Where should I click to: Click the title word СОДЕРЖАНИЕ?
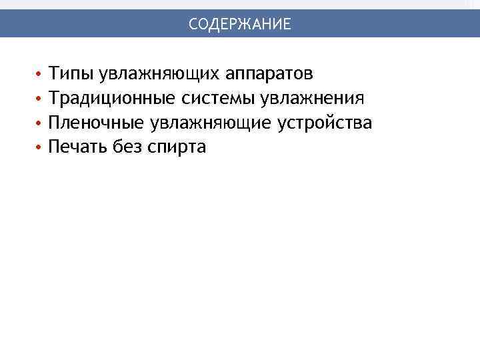(x=239, y=25)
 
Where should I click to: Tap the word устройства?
(x=325, y=123)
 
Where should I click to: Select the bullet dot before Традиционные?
(x=39, y=99)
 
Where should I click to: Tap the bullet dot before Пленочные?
(x=39, y=123)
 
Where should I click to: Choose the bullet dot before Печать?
(x=39, y=148)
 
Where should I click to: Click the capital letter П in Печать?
(x=54, y=147)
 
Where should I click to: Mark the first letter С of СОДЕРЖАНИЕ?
(x=193, y=25)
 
